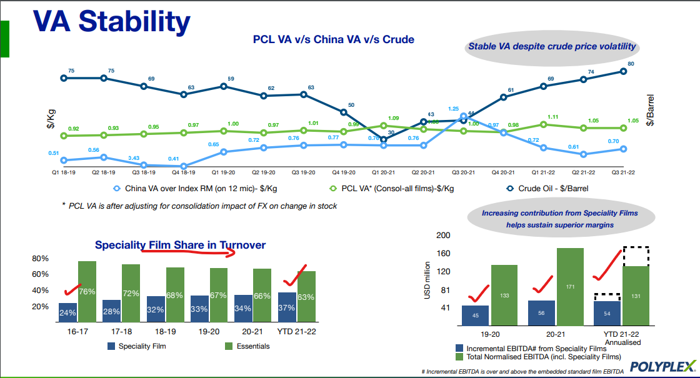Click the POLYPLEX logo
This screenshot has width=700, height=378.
pos(662,366)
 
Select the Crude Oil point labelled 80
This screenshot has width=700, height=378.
pos(623,71)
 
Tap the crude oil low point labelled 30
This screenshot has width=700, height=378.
pos(384,139)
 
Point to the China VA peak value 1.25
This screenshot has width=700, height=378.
pos(463,116)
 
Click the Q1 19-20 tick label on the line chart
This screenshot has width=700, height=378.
pos(223,172)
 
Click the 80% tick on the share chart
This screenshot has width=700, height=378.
pos(40,259)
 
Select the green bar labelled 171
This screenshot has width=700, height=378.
pos(570,286)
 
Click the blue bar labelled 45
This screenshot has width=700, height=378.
pos(475,316)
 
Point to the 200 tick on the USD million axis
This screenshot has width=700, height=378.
pos(442,236)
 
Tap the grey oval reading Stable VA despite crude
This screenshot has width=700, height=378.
pos(552,46)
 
